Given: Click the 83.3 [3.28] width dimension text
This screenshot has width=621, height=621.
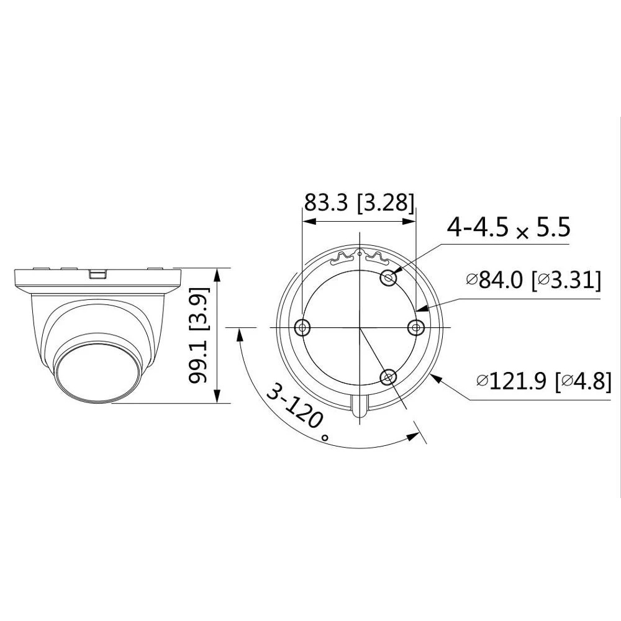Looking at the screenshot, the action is (359, 202).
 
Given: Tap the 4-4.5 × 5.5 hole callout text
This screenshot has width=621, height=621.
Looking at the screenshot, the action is (509, 227).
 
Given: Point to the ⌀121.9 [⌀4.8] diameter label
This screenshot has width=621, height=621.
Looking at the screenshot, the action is (544, 381).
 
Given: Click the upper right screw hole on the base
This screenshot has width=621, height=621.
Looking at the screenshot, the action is (388, 278).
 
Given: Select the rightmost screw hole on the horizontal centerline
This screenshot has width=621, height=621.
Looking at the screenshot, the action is (416, 327).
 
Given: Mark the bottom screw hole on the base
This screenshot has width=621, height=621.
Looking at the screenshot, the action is (388, 377).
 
